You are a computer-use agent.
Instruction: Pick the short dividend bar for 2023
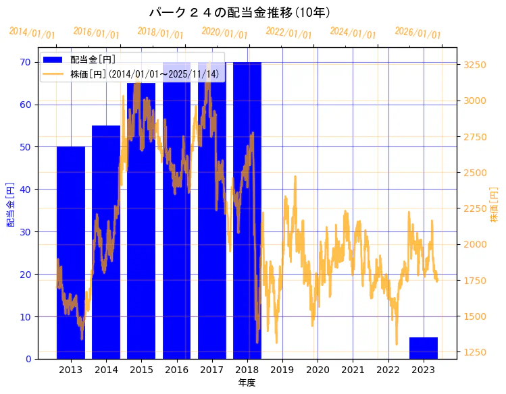[x=424, y=348]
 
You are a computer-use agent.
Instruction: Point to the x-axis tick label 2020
[x=318, y=370]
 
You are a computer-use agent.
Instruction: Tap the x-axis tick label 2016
[x=177, y=370]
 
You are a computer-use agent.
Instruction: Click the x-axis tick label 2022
[x=388, y=370]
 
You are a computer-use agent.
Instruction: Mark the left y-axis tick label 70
[x=26, y=62]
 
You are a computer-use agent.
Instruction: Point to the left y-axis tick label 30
[x=26, y=231]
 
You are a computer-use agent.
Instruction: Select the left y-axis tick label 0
[x=28, y=359]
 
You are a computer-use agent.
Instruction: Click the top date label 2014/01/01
[x=32, y=33]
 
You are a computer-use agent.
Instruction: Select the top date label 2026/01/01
[x=418, y=33]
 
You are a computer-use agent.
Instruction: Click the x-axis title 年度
[x=247, y=383]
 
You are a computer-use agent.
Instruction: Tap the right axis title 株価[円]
[x=495, y=205]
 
